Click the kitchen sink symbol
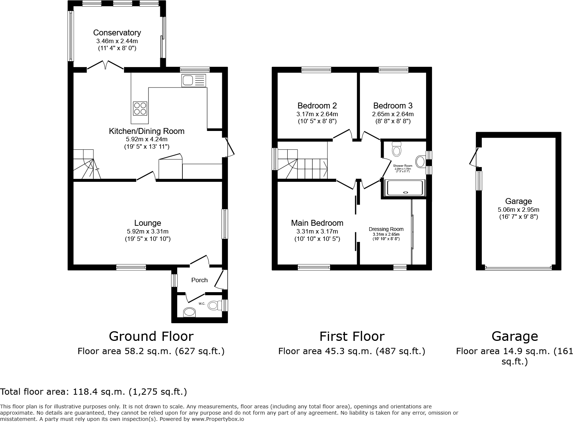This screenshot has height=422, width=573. click(x=193, y=80)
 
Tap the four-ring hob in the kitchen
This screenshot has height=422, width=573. click(x=140, y=108)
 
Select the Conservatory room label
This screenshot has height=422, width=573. click(x=117, y=33)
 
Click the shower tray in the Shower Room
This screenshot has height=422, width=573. click(x=405, y=188)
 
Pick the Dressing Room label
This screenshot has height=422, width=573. click(x=386, y=229)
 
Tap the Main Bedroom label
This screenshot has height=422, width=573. click(x=317, y=223)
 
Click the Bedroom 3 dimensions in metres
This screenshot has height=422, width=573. click(x=393, y=114)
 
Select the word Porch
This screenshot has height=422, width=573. click(x=199, y=280)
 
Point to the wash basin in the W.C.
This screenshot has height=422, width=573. click(x=190, y=312)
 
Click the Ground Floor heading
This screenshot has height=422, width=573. click(x=151, y=336)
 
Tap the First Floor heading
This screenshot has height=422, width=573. click(x=351, y=336)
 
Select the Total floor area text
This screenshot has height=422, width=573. click(x=93, y=391)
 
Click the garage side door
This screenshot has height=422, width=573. click(x=473, y=157)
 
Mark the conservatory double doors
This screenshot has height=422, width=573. click(x=105, y=65)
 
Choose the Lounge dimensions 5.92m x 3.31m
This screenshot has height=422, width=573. click(x=148, y=231)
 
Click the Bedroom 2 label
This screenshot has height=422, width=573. click(x=317, y=106)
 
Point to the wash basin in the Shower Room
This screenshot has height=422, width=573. click(x=421, y=162)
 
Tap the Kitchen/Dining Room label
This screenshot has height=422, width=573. click(x=147, y=131)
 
